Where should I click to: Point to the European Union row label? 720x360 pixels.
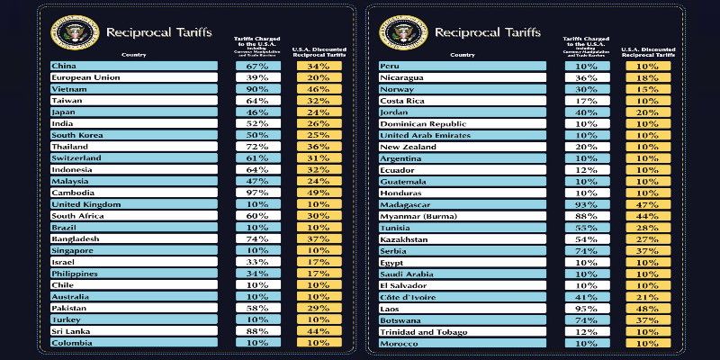tap(85, 77)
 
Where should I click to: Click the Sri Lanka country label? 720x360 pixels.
tap(70, 330)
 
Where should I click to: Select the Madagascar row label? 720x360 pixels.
tap(404, 204)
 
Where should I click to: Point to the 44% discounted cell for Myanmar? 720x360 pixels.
tap(645, 216)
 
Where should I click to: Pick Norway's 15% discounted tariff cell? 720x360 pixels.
tap(645, 89)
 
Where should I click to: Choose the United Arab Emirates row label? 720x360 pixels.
tap(421, 135)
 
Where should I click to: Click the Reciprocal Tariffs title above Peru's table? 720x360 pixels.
tap(487, 33)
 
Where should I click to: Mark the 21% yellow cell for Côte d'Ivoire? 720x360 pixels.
tap(645, 297)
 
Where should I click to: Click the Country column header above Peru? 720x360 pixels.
tap(463, 55)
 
